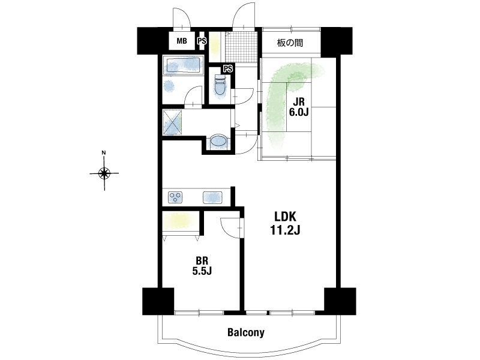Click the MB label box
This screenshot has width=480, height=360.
pos(182,40)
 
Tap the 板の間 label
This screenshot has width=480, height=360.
pos(290,43)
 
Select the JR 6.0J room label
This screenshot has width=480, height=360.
pos(299,107)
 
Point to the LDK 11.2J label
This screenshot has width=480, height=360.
pos(285,223)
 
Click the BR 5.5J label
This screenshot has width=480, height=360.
pos(202,266)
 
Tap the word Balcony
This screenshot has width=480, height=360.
pos(246,332)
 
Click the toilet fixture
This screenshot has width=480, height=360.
pos(220,85)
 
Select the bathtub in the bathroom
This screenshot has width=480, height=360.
pos(183,65)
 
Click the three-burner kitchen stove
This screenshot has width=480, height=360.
pos(175,197)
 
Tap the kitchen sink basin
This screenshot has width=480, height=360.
pos(212,197)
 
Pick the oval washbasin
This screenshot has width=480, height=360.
pos(219,142)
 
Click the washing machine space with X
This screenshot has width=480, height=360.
pos(172,122)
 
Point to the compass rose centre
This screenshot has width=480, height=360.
pos(104,173)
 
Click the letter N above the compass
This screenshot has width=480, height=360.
pos(104,152)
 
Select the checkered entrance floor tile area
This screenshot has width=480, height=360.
pos(241,47)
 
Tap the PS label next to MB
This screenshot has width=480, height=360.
pos(202,41)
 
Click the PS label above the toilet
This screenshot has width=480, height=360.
pos(228,69)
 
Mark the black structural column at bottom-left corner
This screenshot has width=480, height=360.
pos(158,301)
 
